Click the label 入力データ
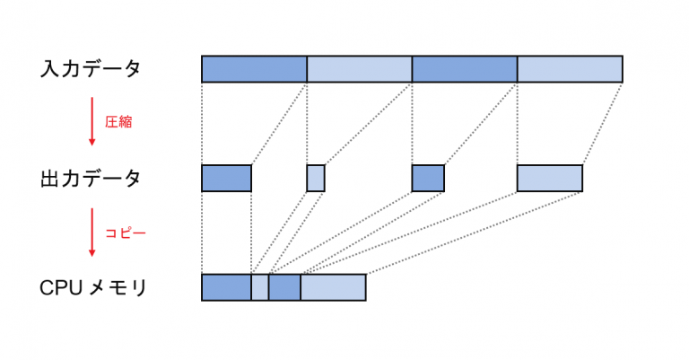point(91,68)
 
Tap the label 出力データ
point(91,178)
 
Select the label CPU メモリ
point(93,287)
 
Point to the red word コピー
point(125,233)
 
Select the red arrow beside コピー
point(92,233)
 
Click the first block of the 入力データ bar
point(254,69)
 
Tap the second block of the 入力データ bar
point(359,69)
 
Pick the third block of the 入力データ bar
point(464,69)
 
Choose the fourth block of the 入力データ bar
point(569,69)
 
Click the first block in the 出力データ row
point(226,178)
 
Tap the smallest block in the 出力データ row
point(315,178)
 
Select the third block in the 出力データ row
point(428,178)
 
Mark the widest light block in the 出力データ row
point(549,178)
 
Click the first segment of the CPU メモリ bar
point(226,287)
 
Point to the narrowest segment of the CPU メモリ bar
point(259,287)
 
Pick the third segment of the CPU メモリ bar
point(283,287)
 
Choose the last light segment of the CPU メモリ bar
point(332,287)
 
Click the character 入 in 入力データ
point(49,68)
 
